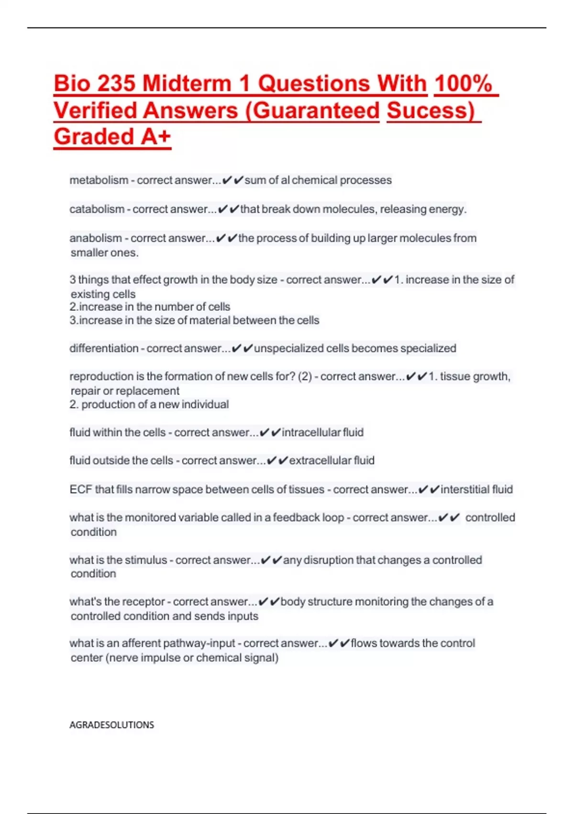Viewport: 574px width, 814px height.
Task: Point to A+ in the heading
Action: pyautogui.click(x=155, y=137)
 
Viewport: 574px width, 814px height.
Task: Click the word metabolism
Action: pyautogui.click(x=99, y=181)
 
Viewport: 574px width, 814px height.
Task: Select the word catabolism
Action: pyautogui.click(x=97, y=209)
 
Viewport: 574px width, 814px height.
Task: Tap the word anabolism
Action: pyautogui.click(x=96, y=238)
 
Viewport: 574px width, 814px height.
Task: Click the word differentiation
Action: pyautogui.click(x=104, y=348)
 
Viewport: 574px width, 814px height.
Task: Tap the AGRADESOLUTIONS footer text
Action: pyautogui.click(x=111, y=725)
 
